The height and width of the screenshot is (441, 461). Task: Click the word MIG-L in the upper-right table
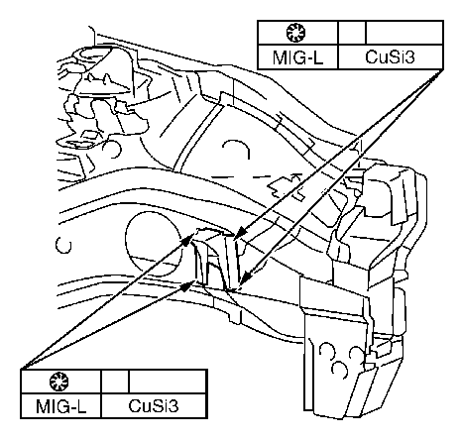pos(297,57)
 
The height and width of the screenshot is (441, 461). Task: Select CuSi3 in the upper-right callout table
pos(390,57)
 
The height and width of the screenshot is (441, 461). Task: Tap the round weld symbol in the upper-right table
pos(295,33)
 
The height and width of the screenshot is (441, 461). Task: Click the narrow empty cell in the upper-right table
pos(352,33)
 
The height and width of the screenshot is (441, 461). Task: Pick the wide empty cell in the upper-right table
pos(404,33)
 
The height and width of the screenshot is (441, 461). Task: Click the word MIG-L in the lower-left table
pos(60,406)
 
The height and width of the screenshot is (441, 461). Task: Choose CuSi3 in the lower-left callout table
pos(154,406)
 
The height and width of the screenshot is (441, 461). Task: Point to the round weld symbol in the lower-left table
pos(58,382)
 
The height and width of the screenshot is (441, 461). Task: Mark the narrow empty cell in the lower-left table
pos(115,382)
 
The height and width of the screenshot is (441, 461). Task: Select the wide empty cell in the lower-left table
pos(168,382)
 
